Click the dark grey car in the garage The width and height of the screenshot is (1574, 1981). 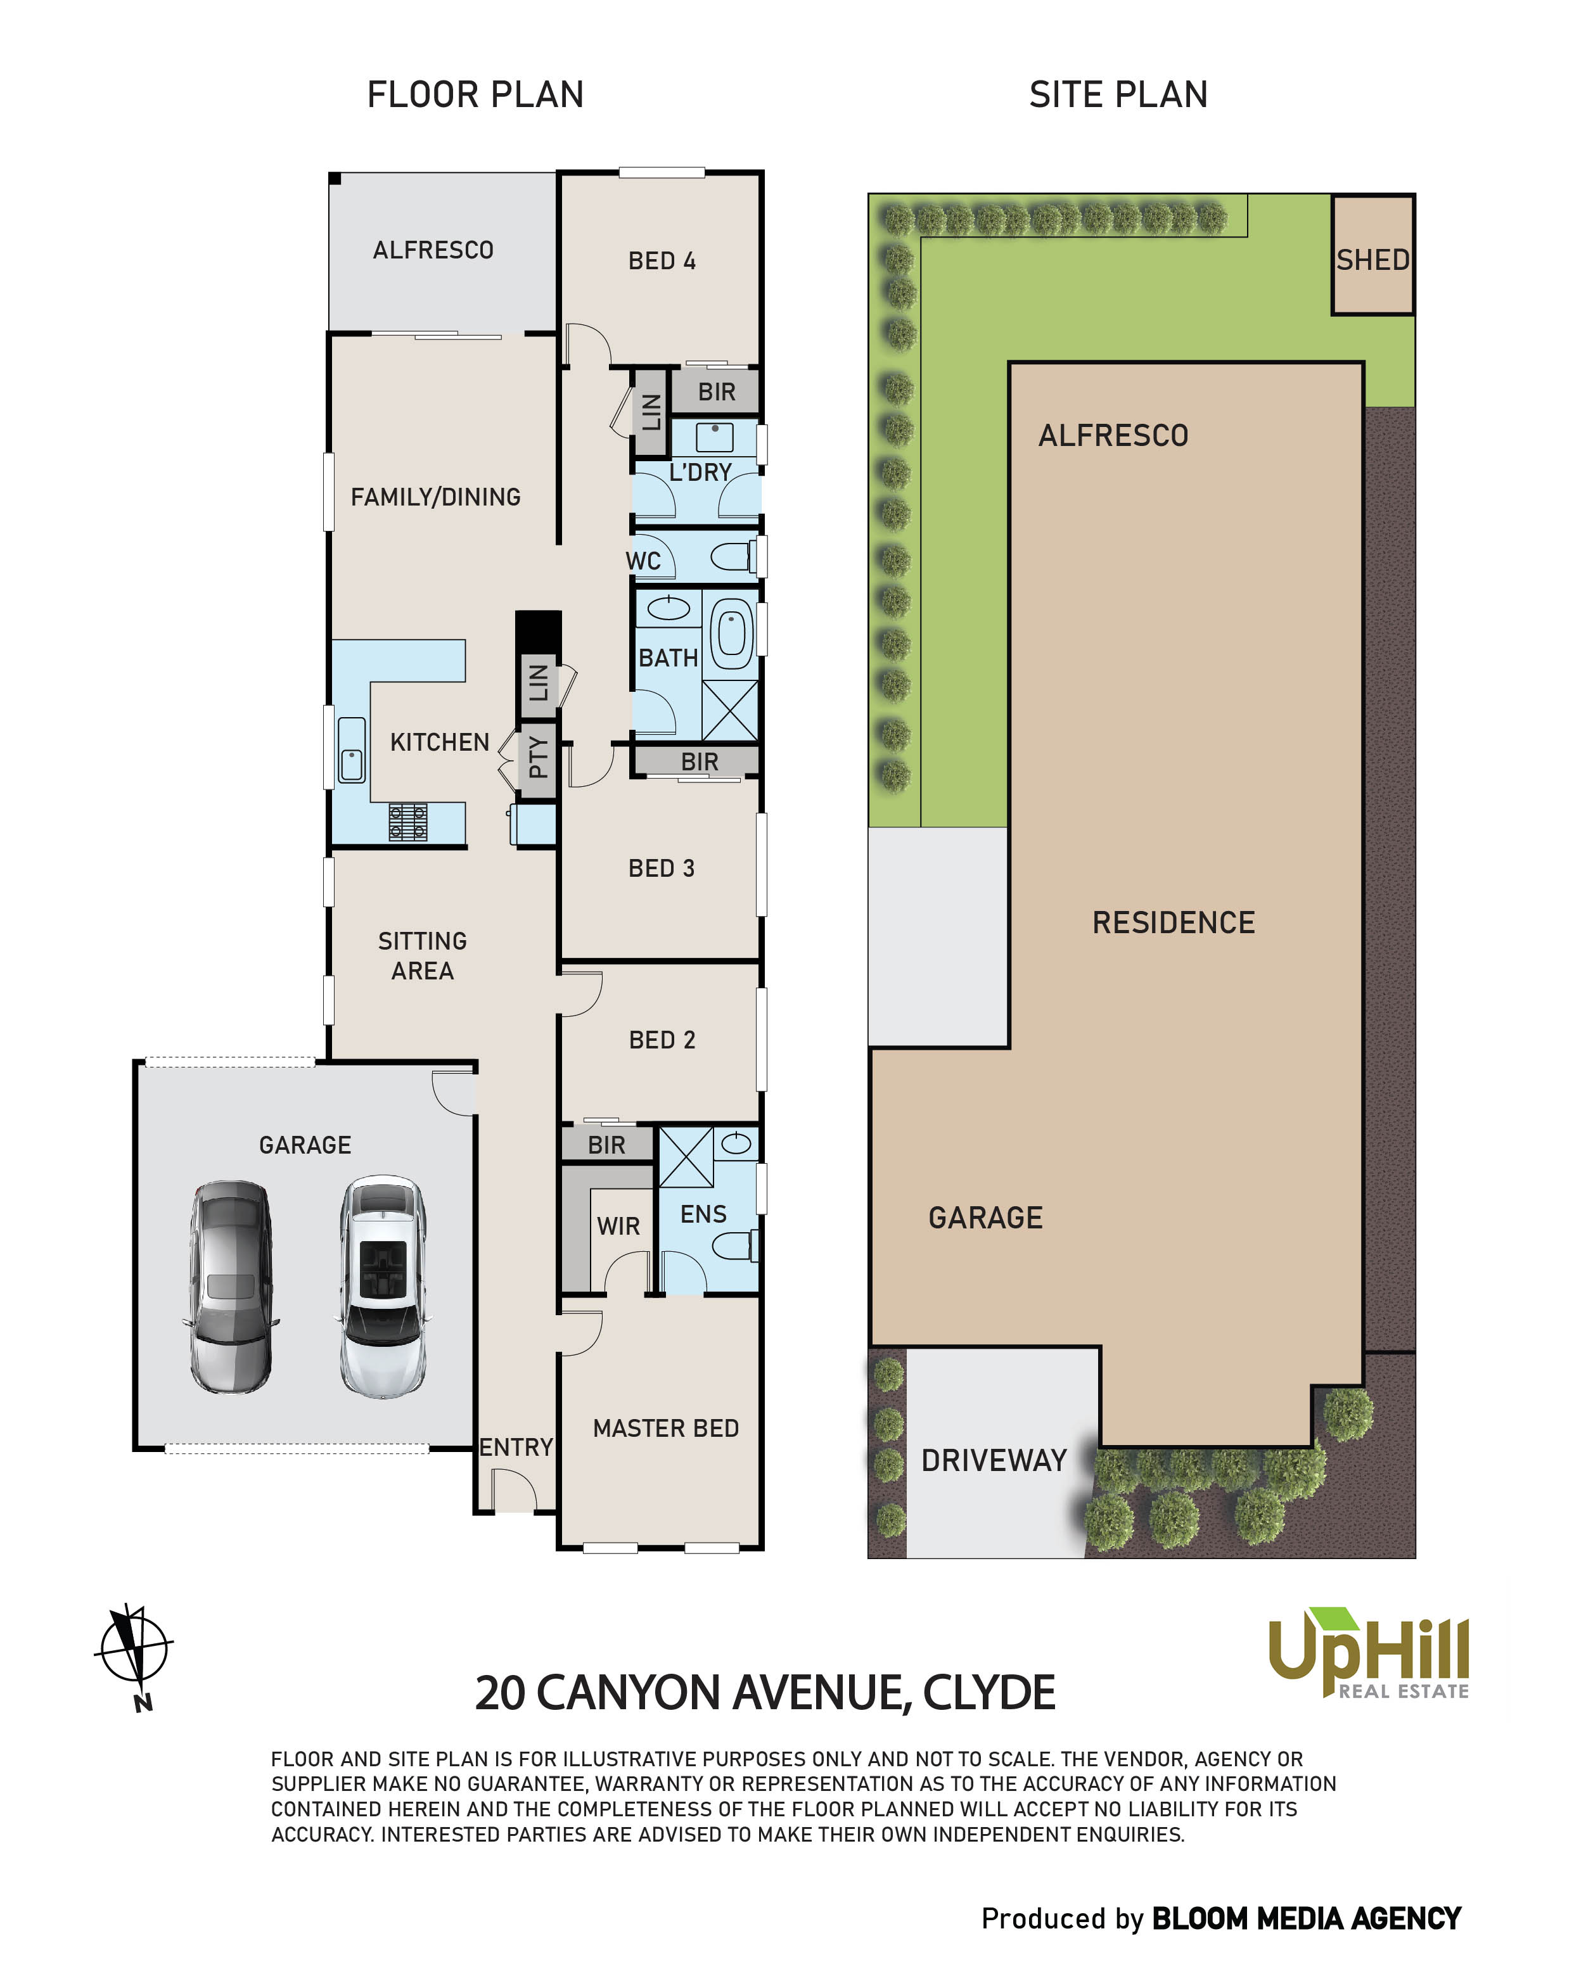(230, 1287)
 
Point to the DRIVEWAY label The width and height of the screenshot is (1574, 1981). (994, 1460)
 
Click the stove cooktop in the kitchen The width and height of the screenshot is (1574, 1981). (407, 822)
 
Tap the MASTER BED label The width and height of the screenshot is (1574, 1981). (665, 1428)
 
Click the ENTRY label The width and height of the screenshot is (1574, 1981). (515, 1447)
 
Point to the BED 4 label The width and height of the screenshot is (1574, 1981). (662, 261)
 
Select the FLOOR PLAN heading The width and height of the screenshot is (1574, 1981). (475, 94)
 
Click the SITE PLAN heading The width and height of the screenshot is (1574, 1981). (1118, 94)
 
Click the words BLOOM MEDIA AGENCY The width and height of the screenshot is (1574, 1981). (1306, 1918)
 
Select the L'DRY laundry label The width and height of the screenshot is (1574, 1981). (700, 472)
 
